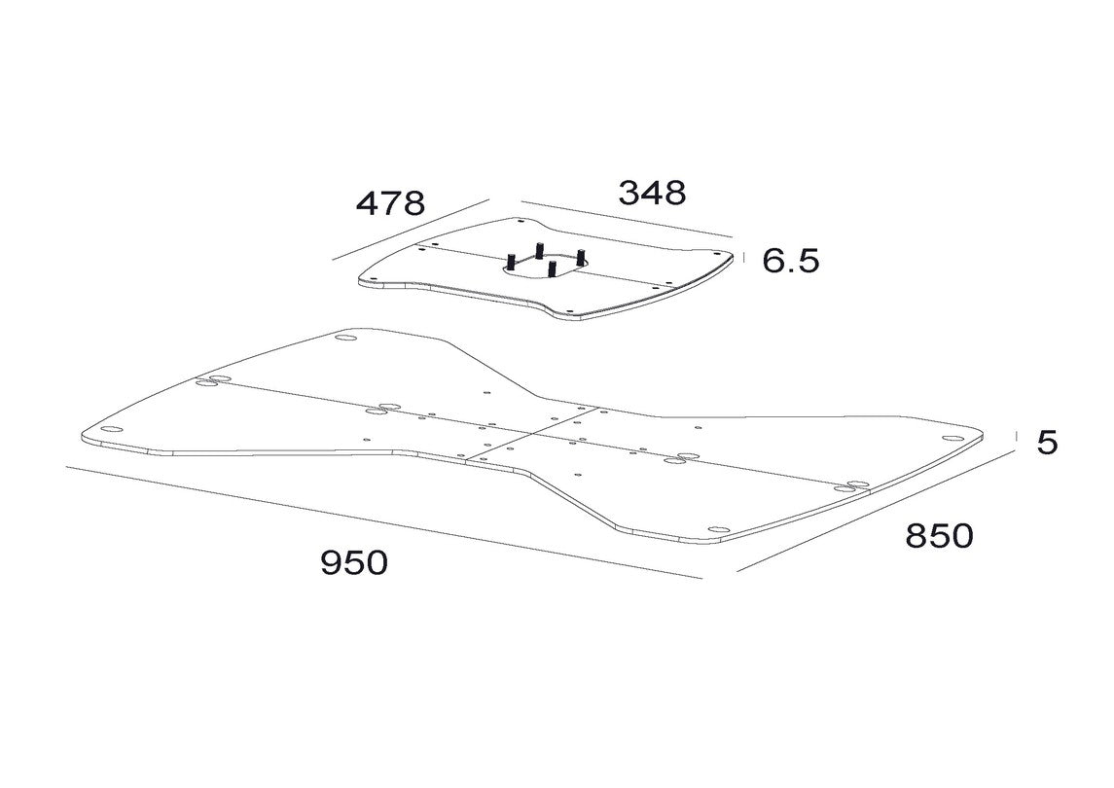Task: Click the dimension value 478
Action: click(390, 204)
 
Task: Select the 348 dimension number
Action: click(652, 193)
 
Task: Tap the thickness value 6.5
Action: click(791, 261)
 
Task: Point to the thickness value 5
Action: click(1047, 443)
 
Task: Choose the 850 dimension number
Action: click(939, 536)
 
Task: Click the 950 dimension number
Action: click(354, 562)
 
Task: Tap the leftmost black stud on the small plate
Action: click(511, 261)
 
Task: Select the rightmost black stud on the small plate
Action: click(581, 257)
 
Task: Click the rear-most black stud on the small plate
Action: click(539, 251)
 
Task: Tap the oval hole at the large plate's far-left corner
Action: click(111, 429)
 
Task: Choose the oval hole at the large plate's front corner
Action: click(718, 529)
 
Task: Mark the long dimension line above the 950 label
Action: click(384, 522)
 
